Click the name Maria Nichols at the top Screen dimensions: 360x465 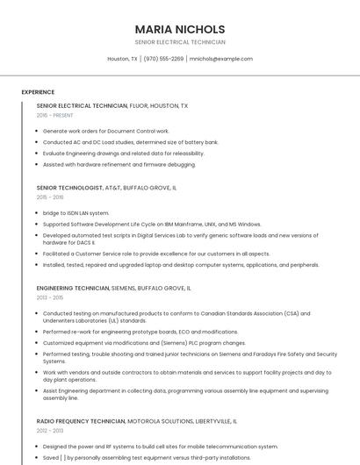180,29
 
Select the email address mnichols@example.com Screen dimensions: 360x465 220,59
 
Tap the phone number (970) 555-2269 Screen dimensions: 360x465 163,59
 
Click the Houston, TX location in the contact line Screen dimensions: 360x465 122,59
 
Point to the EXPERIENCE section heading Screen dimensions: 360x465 38,92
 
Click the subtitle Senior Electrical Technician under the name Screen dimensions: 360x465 180,42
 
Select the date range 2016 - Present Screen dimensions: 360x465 54,115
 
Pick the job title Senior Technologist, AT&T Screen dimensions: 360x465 106,188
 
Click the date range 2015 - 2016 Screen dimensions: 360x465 50,197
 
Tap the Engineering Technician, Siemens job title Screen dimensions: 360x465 114,288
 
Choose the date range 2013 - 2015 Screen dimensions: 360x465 50,297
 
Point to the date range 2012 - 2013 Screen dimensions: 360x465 50,431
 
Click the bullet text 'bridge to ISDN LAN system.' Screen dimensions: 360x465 76,213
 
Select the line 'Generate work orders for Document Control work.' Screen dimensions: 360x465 105,131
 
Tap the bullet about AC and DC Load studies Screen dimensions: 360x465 130,142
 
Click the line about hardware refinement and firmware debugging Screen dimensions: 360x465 119,164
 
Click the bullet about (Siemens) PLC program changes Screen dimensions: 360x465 144,343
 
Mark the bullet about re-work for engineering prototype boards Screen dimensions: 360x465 140,332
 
